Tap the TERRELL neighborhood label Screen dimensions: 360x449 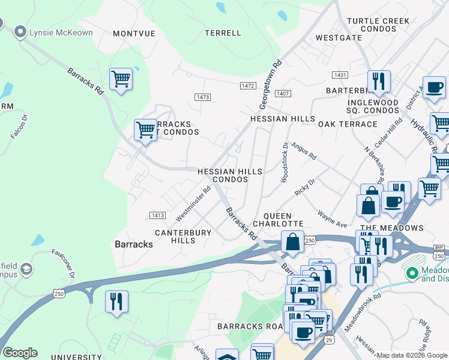pyautogui.click(x=223, y=33)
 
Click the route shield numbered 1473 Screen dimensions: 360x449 pyautogui.click(x=203, y=97)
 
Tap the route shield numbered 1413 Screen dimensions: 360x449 pyautogui.click(x=157, y=214)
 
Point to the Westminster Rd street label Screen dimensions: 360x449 pyautogui.click(x=193, y=202)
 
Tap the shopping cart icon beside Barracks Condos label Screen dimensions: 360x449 pyautogui.click(x=145, y=129)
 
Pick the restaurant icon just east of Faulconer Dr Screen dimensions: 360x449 pyautogui.click(x=116, y=300)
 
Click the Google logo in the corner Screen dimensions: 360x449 pyautogui.click(x=20, y=353)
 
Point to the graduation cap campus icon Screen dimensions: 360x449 pyautogui.click(x=26, y=270)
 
